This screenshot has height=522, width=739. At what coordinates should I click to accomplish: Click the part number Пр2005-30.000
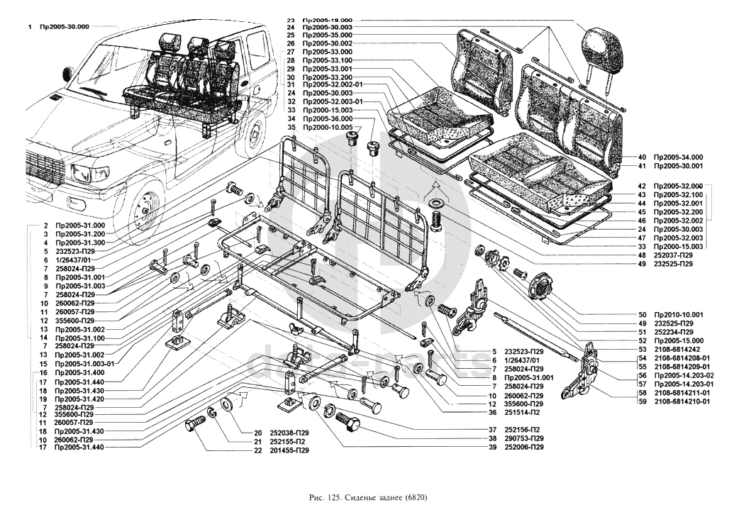pyautogui.click(x=64, y=26)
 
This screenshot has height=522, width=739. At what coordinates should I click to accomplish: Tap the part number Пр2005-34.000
pyautogui.click(x=677, y=157)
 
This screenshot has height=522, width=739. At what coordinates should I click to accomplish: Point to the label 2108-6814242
pyautogui.click(x=678, y=349)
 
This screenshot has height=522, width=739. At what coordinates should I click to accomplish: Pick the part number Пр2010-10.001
pyautogui.click(x=679, y=314)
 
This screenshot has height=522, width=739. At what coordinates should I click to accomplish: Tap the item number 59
pyautogui.click(x=642, y=401)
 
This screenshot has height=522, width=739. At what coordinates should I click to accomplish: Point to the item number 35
pyautogui.click(x=291, y=128)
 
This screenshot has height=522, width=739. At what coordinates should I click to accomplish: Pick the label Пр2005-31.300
pyautogui.click(x=79, y=243)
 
